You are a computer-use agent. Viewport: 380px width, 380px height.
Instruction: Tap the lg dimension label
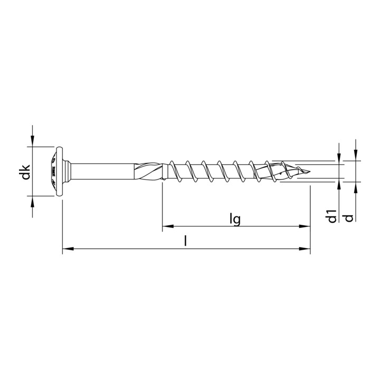[x=235, y=218]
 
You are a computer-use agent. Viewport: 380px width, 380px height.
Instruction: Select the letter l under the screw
[x=185, y=241]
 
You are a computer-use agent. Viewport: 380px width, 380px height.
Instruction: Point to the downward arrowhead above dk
[x=33, y=140]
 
